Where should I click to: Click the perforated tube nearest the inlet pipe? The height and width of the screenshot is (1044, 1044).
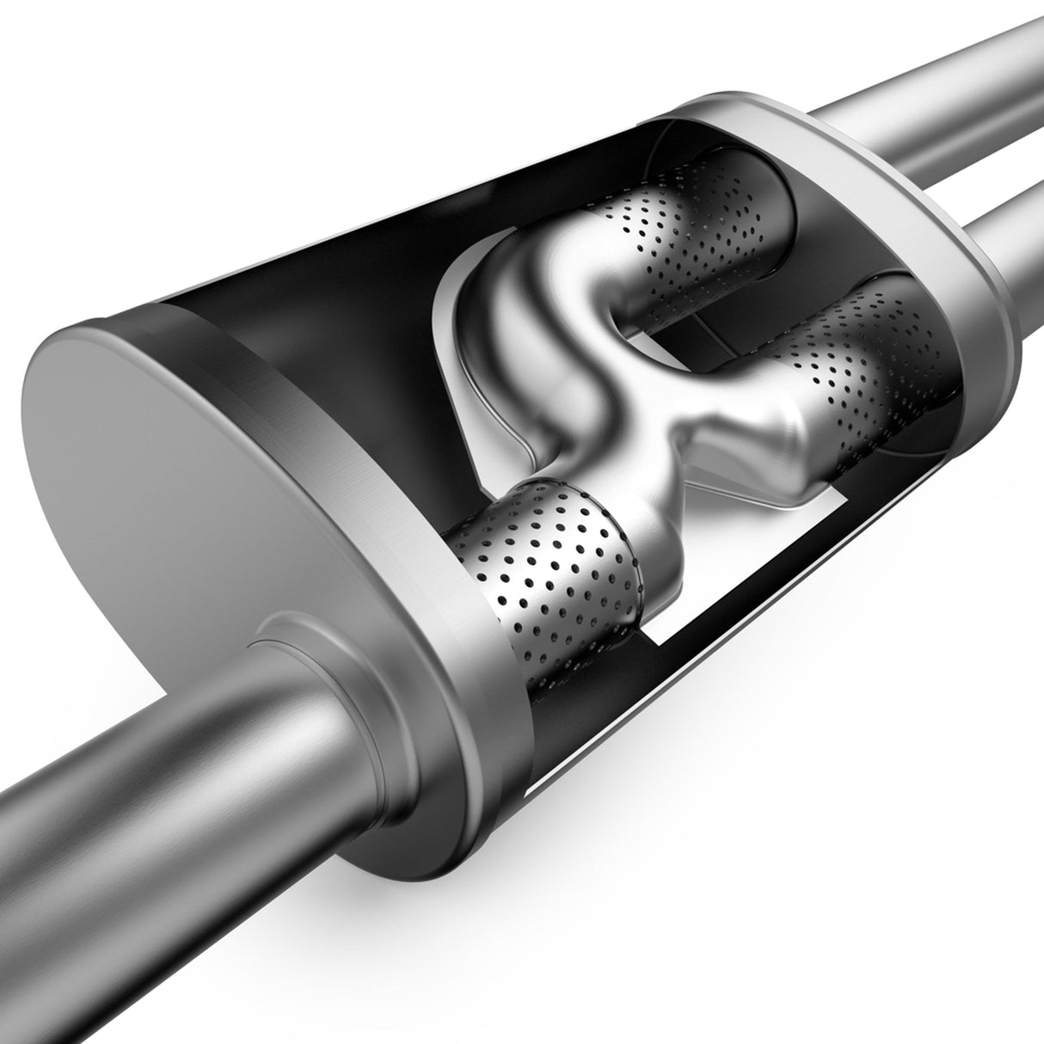click(550, 568)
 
